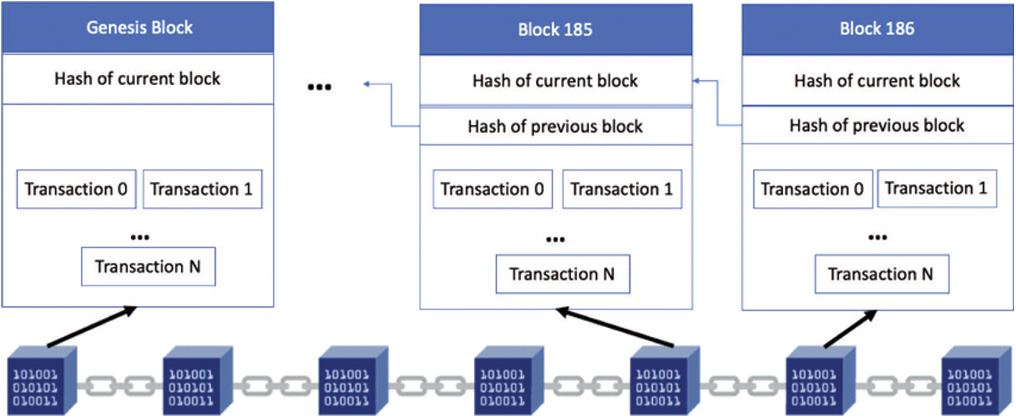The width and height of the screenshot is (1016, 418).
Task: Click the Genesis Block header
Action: (x=138, y=28)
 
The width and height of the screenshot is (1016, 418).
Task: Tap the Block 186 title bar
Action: (x=877, y=29)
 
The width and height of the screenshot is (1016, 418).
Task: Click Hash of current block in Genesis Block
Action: (x=138, y=78)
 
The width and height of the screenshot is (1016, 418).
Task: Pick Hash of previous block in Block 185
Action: (x=556, y=126)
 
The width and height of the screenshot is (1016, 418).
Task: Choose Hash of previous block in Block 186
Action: (x=877, y=126)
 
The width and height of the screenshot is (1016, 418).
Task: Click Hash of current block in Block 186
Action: (x=877, y=81)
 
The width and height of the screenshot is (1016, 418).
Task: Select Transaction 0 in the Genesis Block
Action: (x=76, y=189)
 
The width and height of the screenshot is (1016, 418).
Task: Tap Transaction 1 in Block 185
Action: (x=622, y=190)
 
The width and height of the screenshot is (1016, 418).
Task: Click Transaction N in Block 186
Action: (x=881, y=274)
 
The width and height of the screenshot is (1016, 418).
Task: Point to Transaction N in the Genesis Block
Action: (x=148, y=267)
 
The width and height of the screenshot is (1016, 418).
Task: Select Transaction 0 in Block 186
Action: (x=812, y=190)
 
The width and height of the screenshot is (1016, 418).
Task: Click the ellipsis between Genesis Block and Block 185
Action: (x=319, y=88)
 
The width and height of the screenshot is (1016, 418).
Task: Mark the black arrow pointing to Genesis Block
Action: (x=91, y=327)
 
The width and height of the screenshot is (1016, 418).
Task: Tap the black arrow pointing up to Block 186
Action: (x=851, y=329)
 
